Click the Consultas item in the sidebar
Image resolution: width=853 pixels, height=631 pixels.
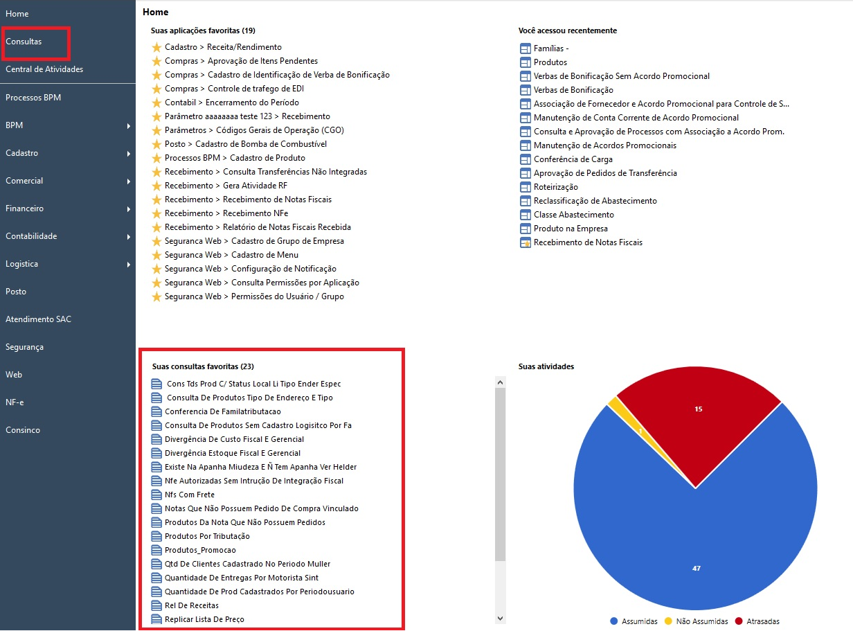pos(24,42)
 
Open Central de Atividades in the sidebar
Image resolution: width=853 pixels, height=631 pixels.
pos(44,69)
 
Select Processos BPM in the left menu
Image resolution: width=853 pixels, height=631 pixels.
pos(33,98)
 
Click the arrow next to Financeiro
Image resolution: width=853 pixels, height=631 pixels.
pos(129,208)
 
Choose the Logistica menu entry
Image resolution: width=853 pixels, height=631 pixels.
pos(22,264)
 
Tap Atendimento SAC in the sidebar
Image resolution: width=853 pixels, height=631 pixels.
pos(38,319)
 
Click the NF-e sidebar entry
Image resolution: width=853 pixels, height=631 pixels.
pos(15,402)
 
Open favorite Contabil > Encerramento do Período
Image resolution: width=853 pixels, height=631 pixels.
pos(232,103)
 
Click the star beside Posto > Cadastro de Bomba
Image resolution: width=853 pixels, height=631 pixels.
pos(156,144)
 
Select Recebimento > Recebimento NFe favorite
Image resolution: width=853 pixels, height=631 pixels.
pos(226,213)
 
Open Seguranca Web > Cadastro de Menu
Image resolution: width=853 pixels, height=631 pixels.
pos(232,255)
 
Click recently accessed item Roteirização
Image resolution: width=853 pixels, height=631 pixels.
pos(556,187)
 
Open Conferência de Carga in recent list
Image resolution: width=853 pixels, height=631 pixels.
pos(573,159)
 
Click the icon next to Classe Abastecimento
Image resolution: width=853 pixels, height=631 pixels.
pos(525,215)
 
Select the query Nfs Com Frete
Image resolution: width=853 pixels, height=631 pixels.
pos(190,495)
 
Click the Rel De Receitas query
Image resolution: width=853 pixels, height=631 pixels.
pos(192,605)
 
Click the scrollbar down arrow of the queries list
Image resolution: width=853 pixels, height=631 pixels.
pos(500,618)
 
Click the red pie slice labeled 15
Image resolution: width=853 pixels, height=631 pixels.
pos(698,423)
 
